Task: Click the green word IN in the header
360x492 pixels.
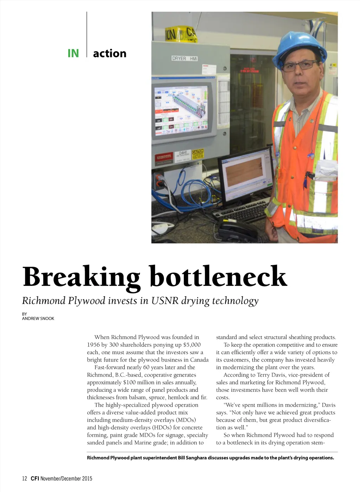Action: pyautogui.click(x=73, y=53)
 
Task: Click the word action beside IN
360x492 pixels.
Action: pyautogui.click(x=109, y=53)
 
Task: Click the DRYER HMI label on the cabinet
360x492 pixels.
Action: pyautogui.click(x=184, y=58)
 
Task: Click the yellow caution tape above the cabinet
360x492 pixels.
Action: pyautogui.click(x=181, y=34)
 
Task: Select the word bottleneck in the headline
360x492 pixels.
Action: pyautogui.click(x=218, y=277)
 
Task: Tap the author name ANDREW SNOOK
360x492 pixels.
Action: pyautogui.click(x=38, y=319)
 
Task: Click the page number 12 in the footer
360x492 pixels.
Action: pyautogui.click(x=25, y=478)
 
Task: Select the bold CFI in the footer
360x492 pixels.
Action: pyautogui.click(x=34, y=478)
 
